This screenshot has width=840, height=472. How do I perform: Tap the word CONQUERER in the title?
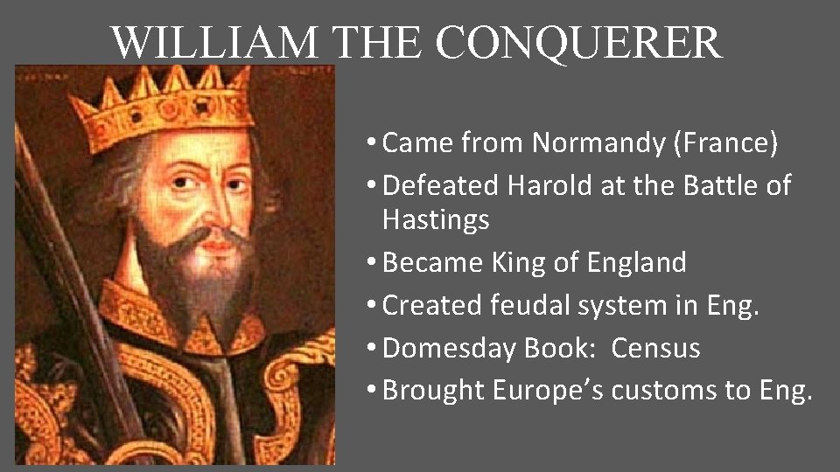579,42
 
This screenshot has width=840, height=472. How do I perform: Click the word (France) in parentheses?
725,142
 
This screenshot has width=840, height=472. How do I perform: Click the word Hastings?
436,219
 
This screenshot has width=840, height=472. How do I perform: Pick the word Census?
655,348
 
